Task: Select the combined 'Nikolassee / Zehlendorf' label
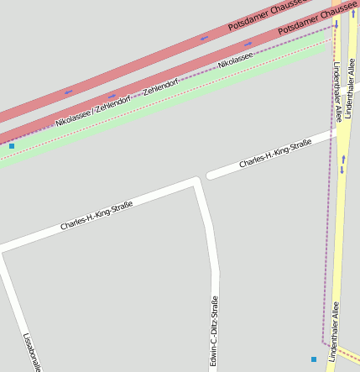[x=92, y=110]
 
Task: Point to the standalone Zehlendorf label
[x=160, y=86]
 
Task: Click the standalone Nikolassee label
[x=235, y=60]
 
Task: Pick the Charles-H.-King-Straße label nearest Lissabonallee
[x=97, y=216]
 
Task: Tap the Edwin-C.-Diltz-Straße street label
[x=215, y=332]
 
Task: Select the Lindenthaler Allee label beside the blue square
[x=335, y=332]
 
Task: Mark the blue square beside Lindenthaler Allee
[x=314, y=359]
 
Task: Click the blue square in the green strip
[x=12, y=146]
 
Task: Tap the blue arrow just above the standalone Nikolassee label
[x=248, y=45]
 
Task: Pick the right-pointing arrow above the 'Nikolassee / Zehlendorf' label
[x=112, y=96]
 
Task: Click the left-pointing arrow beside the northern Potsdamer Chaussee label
[x=204, y=38]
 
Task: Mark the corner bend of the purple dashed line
[x=324, y=341]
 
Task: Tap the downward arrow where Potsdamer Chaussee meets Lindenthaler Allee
[x=337, y=24]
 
